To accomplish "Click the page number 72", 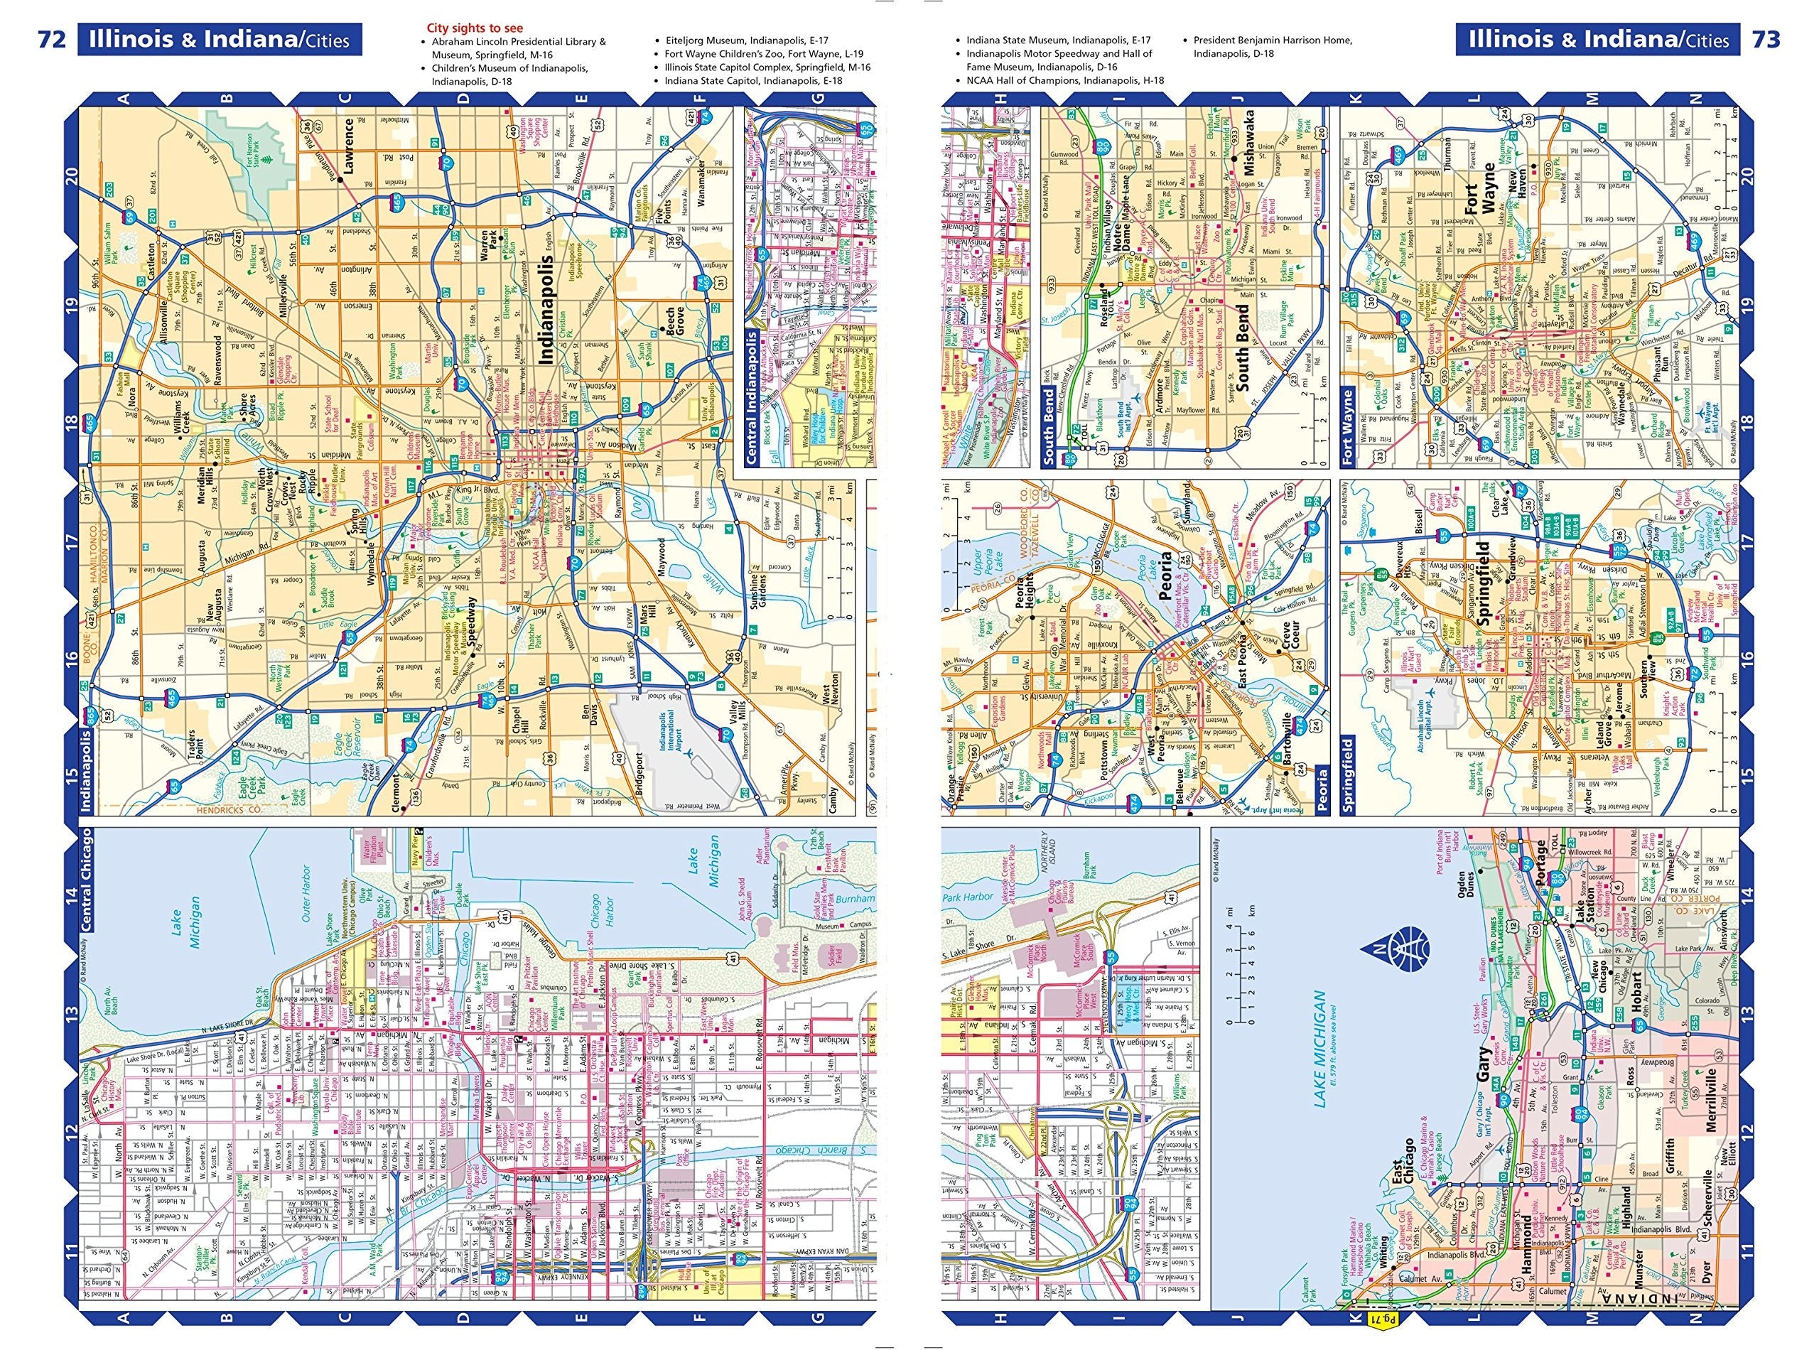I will click(x=51, y=38).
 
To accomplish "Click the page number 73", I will click(x=1766, y=38).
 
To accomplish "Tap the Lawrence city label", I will click(x=349, y=147).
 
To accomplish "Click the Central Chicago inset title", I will click(x=86, y=880).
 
